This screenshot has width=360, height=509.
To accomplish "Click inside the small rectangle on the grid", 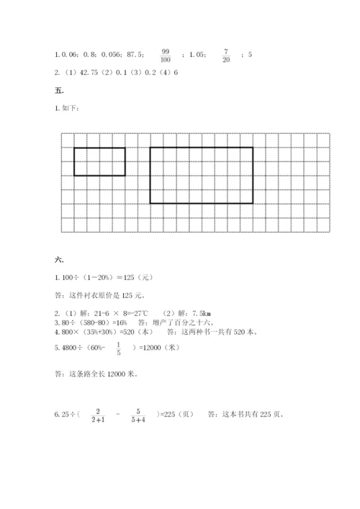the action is (x=99, y=161).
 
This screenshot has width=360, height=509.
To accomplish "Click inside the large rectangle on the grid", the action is (x=201, y=175).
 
